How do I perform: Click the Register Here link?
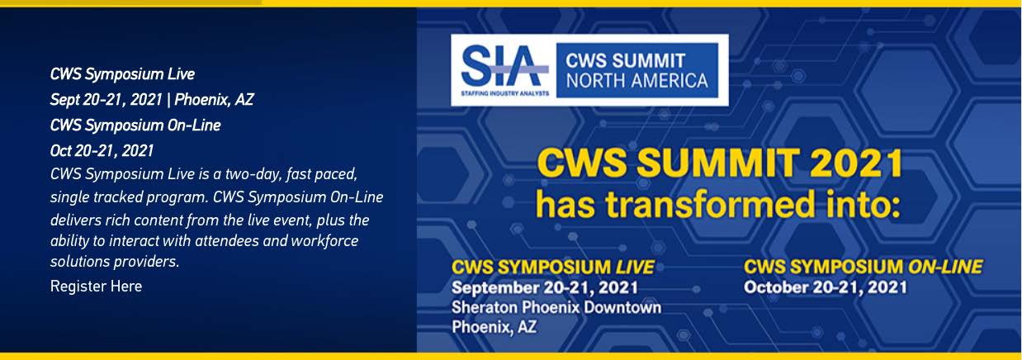pos(96,287)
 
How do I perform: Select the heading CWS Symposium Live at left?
pos(122,74)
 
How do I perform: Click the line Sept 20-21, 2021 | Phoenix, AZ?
pos(152,100)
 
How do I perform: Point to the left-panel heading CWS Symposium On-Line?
pos(135,126)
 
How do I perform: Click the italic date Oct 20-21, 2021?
pos(102,151)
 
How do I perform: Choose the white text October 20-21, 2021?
pos(826,287)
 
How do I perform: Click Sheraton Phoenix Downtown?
pos(556,307)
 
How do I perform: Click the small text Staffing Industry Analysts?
pos(504,94)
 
